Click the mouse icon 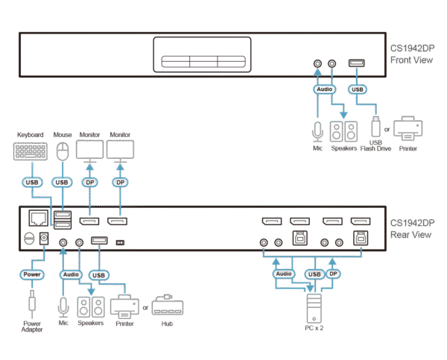62,152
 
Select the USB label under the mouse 62,181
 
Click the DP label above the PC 333,274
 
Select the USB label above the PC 314,274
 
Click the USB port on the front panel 357,65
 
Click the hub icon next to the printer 167,306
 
